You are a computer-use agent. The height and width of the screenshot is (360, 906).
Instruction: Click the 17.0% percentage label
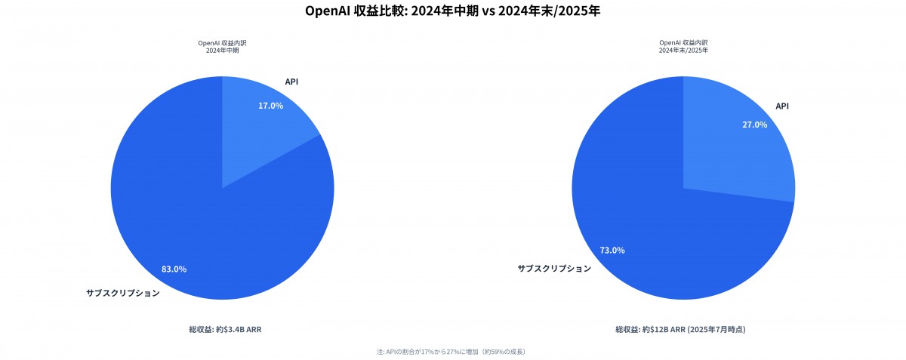tap(270, 106)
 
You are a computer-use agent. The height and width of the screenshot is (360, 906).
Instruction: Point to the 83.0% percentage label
tap(174, 269)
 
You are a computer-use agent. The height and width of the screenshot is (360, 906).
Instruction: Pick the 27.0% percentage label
tap(754, 125)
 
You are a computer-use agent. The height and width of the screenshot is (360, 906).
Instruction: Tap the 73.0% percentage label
tap(612, 250)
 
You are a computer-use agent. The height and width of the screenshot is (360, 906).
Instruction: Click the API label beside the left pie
tap(291, 82)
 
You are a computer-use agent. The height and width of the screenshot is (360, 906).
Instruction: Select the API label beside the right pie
tap(782, 106)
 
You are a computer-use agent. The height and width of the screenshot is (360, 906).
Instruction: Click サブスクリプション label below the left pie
tap(123, 293)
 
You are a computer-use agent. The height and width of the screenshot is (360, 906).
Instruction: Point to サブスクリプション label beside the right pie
tap(554, 269)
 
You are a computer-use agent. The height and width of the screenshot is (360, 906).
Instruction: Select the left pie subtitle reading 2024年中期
tap(222, 50)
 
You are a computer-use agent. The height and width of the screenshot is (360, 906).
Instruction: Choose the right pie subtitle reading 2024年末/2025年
tap(683, 50)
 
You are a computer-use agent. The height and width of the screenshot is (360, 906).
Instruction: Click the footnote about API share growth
tap(451, 352)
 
